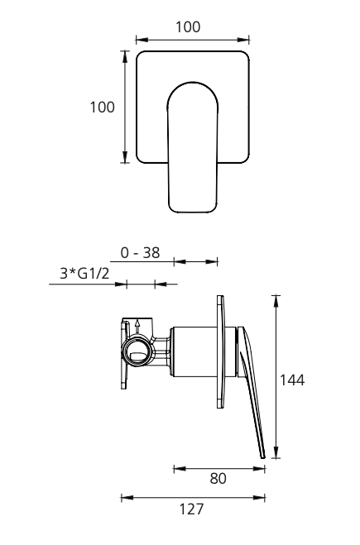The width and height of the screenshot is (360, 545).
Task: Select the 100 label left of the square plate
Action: (103, 108)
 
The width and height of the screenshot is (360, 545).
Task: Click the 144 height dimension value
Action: (292, 380)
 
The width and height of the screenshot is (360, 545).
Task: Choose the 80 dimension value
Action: (218, 478)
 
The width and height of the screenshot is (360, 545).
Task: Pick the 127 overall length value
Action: (192, 509)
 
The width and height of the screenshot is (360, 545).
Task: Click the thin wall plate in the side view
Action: (220, 352)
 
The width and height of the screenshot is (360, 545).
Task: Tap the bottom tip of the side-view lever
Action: (264, 456)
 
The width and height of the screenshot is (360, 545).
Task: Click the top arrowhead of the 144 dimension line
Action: (276, 299)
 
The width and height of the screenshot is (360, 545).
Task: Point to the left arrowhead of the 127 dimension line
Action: (124, 498)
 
